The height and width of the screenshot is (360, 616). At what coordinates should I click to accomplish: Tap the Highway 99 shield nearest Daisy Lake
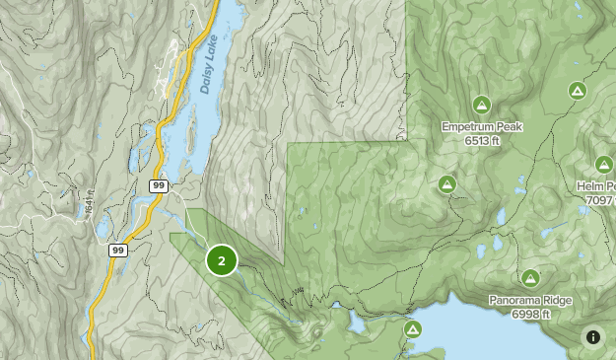(x=159, y=185)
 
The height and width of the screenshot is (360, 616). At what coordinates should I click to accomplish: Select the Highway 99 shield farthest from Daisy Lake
(x=116, y=251)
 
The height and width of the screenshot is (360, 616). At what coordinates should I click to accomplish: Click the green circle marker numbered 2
(x=222, y=260)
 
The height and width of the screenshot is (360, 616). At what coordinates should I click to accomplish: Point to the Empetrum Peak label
(x=481, y=127)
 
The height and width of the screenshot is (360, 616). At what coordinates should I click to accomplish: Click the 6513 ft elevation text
(x=481, y=141)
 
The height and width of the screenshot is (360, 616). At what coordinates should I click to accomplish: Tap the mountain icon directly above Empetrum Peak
(x=481, y=105)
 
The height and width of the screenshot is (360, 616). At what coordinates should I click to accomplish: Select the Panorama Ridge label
(x=530, y=301)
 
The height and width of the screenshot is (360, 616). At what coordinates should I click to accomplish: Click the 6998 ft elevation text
(x=530, y=314)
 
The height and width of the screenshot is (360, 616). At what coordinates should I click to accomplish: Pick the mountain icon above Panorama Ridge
(x=530, y=278)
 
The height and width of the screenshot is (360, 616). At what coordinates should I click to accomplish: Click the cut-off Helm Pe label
(x=596, y=186)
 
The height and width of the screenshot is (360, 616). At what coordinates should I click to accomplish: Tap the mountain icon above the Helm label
(x=604, y=164)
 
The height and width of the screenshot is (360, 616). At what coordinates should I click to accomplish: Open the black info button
(x=593, y=337)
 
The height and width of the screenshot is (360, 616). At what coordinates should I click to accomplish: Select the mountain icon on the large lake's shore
(x=414, y=329)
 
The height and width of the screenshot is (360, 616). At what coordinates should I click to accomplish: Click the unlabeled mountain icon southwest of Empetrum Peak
(x=446, y=183)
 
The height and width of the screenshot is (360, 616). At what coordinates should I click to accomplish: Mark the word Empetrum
(x=467, y=127)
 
